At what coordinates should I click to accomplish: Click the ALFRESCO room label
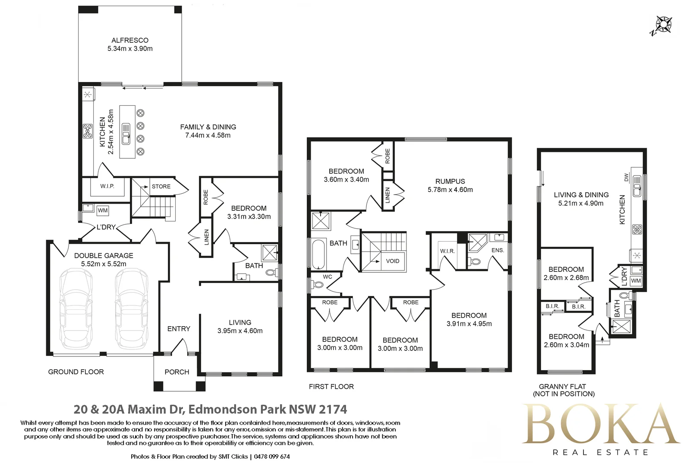coord(130,40)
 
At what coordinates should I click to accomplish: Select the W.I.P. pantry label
coord(107,186)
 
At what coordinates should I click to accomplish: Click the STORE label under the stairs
coord(161,186)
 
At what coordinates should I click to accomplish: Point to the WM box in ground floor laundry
coord(103,211)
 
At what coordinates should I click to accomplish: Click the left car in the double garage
coord(76,309)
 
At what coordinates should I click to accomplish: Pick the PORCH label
coord(177,372)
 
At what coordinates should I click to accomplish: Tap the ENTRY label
coord(179,329)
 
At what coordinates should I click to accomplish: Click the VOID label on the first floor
coord(393,261)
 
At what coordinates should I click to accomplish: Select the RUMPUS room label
coord(450,181)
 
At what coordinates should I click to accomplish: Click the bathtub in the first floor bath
coord(318,255)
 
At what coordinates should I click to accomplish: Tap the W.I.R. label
coord(447,251)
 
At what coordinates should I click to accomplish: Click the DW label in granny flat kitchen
coord(626,178)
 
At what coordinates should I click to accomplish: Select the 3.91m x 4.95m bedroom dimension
coord(469,324)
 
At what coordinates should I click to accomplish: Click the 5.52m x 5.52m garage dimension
coord(104,264)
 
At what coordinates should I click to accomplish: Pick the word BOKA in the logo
coord(601,424)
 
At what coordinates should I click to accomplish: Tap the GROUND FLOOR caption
coord(76,372)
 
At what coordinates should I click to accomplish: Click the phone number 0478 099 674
coord(272,457)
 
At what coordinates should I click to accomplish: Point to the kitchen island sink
coord(126,134)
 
